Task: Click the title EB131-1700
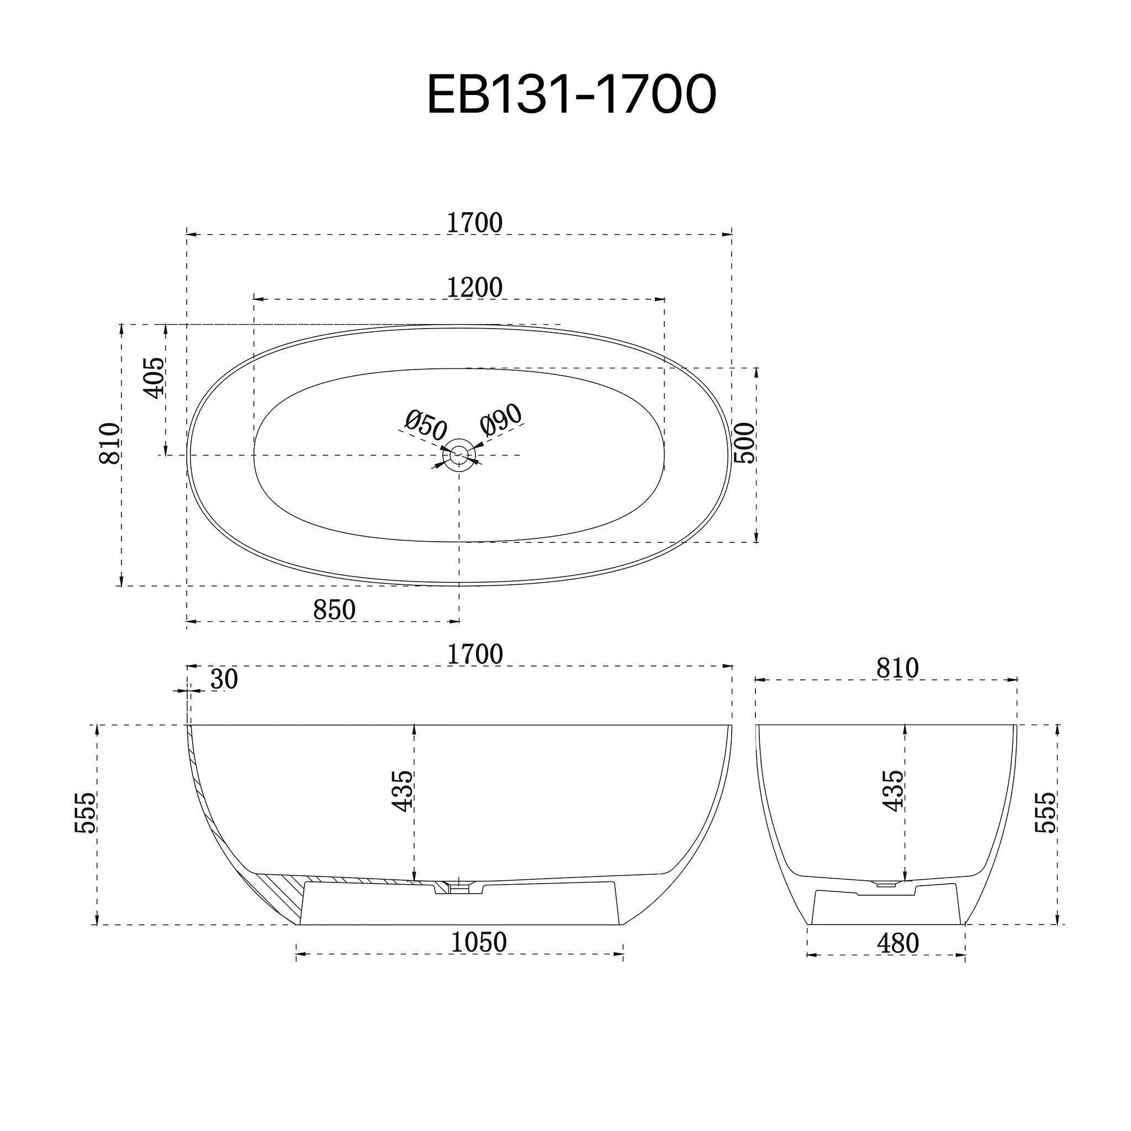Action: [572, 94]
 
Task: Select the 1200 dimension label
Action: [474, 287]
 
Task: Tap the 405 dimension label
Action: [155, 378]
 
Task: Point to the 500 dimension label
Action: [744, 443]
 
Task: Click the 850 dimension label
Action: [334, 610]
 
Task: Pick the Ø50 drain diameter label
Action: [426, 425]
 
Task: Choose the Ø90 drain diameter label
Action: [501, 420]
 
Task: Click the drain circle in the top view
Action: [459, 455]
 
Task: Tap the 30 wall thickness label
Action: [224, 679]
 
